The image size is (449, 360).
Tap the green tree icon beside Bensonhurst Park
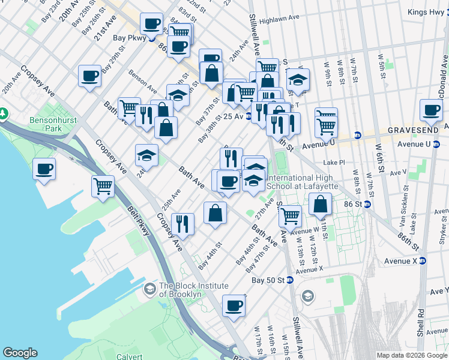[4, 113]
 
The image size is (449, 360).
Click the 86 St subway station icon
[367, 204]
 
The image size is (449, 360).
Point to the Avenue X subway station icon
[423, 261]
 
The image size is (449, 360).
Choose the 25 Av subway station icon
[249, 116]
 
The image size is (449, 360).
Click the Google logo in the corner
[20, 352]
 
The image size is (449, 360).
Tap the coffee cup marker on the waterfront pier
[44, 169]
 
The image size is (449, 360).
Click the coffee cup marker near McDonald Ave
[431, 110]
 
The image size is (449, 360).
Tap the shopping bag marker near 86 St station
[321, 204]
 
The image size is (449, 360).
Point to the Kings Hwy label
[426, 12]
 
